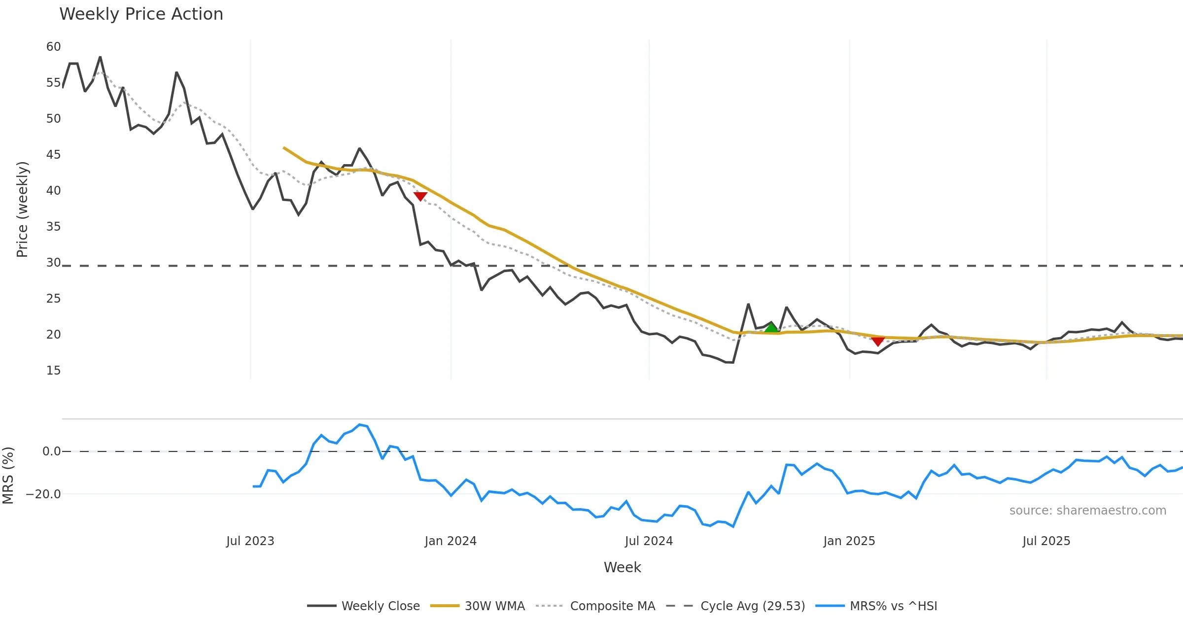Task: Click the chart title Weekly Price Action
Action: click(141, 14)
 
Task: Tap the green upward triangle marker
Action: click(771, 328)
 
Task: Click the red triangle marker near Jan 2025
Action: click(877, 341)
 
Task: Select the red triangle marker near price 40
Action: click(420, 196)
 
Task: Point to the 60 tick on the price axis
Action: click(53, 47)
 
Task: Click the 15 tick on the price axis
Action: click(53, 371)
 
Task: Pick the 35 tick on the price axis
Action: click(53, 227)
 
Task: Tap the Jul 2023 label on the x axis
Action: click(250, 541)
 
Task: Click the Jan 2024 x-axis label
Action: click(451, 541)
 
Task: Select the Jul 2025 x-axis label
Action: click(1046, 541)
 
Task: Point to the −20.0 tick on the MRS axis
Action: click(43, 494)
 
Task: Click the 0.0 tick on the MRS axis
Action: click(51, 451)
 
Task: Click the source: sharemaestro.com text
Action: click(1087, 511)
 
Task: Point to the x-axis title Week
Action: click(622, 568)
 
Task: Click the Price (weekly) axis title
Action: click(23, 209)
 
